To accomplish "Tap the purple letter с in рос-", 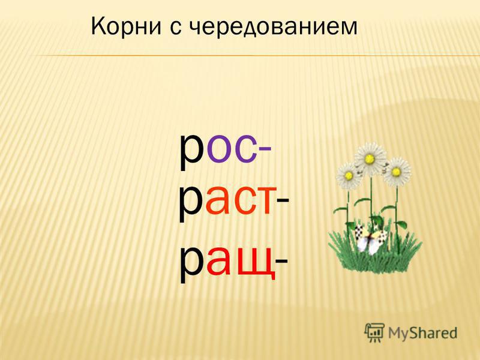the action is (x=245, y=148).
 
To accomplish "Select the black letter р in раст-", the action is (x=191, y=204).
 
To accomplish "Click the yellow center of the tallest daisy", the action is (x=370, y=158).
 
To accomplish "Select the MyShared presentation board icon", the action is (x=374, y=332).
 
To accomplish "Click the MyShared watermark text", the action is (x=422, y=333).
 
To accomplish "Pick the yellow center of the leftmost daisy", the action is (x=349, y=175).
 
